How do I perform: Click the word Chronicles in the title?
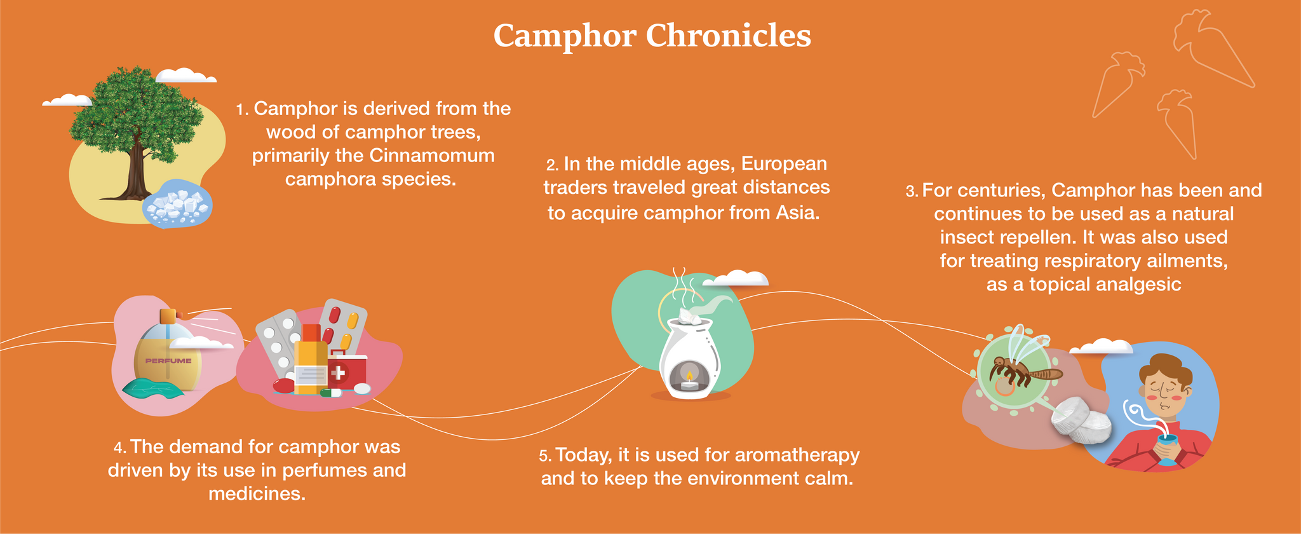click(729, 36)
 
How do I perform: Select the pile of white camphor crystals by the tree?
click(177, 203)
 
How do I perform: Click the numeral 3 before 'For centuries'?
click(910, 191)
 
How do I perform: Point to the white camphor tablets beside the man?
click(1081, 420)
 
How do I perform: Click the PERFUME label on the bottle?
click(168, 360)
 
